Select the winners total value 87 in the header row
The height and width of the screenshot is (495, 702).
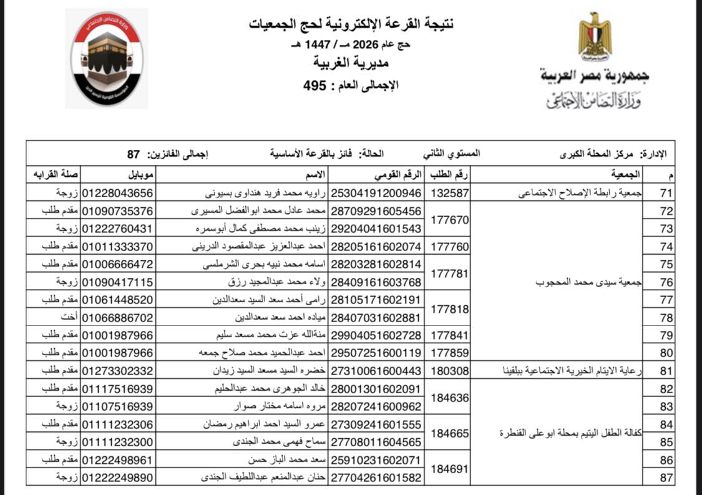(132, 154)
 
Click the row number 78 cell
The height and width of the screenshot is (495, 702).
(666, 318)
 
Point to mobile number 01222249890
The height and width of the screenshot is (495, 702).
(117, 478)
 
